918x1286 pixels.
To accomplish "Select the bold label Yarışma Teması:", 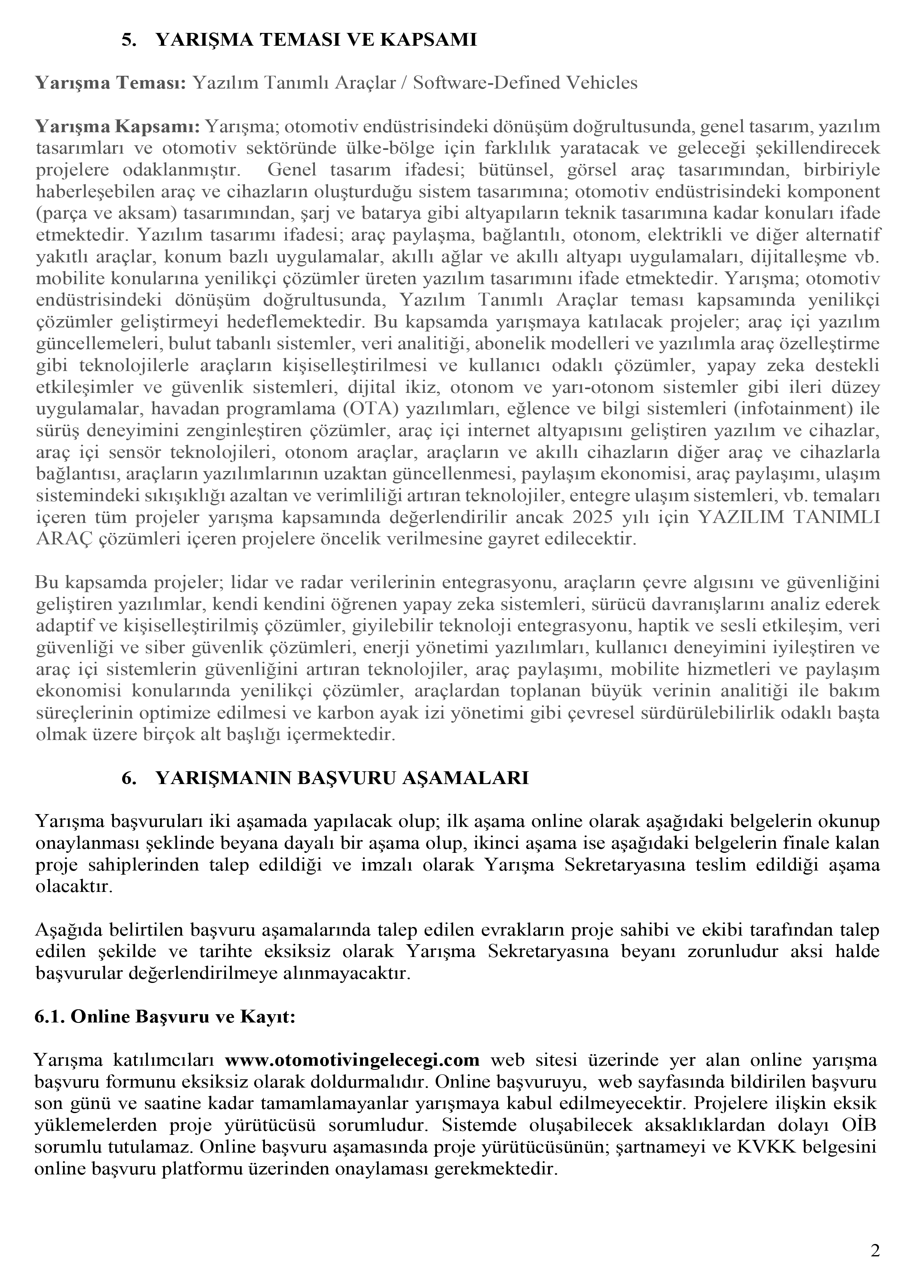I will pos(111,84).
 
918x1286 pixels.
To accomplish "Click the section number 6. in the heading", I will pos(128,779).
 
